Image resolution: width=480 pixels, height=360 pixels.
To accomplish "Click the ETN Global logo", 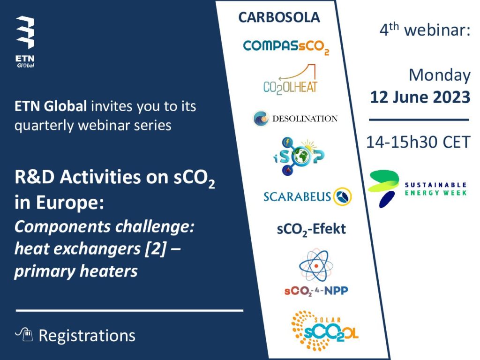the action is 25,42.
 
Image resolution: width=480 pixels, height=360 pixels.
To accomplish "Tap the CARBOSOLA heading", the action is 279,17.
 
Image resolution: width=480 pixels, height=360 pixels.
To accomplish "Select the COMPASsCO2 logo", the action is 286,47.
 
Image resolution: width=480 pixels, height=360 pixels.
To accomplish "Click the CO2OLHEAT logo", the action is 290,80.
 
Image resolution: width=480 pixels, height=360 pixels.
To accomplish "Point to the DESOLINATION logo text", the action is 305,119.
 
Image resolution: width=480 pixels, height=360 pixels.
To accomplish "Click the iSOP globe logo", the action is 299,156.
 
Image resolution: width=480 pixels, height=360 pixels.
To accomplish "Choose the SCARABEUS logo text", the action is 297,196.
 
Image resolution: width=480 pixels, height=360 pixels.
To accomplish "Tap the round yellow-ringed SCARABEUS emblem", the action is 342,196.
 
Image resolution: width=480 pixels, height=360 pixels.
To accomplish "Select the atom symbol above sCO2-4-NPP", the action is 316,265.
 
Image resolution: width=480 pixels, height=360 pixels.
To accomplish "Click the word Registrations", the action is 87,336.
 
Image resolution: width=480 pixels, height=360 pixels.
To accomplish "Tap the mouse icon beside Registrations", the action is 24,334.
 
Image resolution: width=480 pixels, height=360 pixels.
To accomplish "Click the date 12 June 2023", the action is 420,97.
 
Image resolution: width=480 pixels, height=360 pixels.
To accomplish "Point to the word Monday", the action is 440,75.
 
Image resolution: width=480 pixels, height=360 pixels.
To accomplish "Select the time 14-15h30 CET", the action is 418,142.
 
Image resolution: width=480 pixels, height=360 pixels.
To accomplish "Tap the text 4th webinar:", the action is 425,30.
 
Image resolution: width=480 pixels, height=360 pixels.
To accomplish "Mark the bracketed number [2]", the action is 156,248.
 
